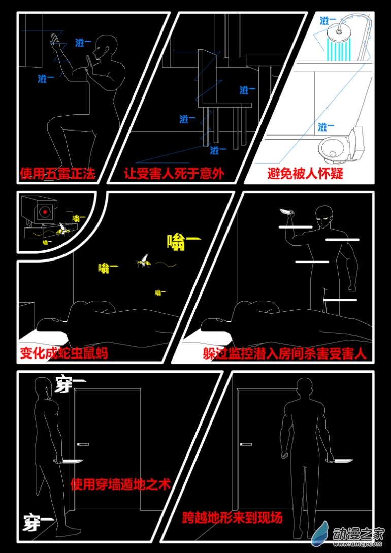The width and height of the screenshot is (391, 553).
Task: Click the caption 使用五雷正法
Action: pyautogui.click(x=57, y=174)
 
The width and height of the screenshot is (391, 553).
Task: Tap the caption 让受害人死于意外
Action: pyautogui.click(x=174, y=174)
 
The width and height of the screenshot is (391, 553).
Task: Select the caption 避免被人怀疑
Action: pyautogui.click(x=305, y=174)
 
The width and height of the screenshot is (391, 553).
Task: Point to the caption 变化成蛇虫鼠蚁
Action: pyautogui.click(x=64, y=353)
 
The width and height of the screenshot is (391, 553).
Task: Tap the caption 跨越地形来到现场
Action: pyautogui.click(x=233, y=518)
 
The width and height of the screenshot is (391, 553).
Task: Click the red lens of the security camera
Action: pyautogui.click(x=45, y=212)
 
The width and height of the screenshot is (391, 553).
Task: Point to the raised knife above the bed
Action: pyautogui.click(x=286, y=212)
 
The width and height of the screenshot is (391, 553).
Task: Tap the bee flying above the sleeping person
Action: pyautogui.click(x=144, y=261)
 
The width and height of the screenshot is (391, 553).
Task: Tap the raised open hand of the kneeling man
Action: pyautogui.click(x=55, y=42)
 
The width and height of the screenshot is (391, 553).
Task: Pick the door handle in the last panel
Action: pyautogui.click(x=246, y=444)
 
